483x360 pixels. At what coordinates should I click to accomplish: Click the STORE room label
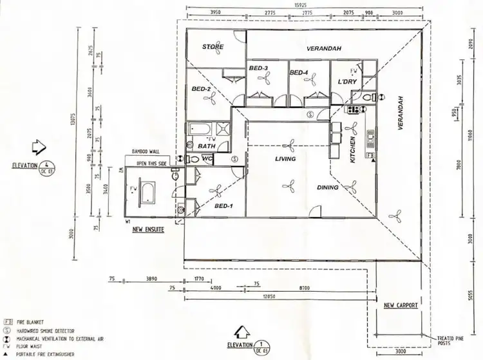(x=213, y=47)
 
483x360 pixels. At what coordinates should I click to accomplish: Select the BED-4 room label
(x=299, y=71)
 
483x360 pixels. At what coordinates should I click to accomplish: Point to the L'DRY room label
(x=347, y=82)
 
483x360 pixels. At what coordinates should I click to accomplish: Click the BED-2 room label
(x=202, y=89)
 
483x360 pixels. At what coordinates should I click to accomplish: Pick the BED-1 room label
(x=223, y=206)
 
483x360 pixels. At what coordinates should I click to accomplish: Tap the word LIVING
(x=285, y=159)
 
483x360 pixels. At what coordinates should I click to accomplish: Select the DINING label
(x=328, y=188)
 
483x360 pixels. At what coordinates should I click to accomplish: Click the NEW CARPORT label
(x=401, y=305)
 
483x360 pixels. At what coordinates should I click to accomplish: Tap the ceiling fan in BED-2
(x=210, y=99)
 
